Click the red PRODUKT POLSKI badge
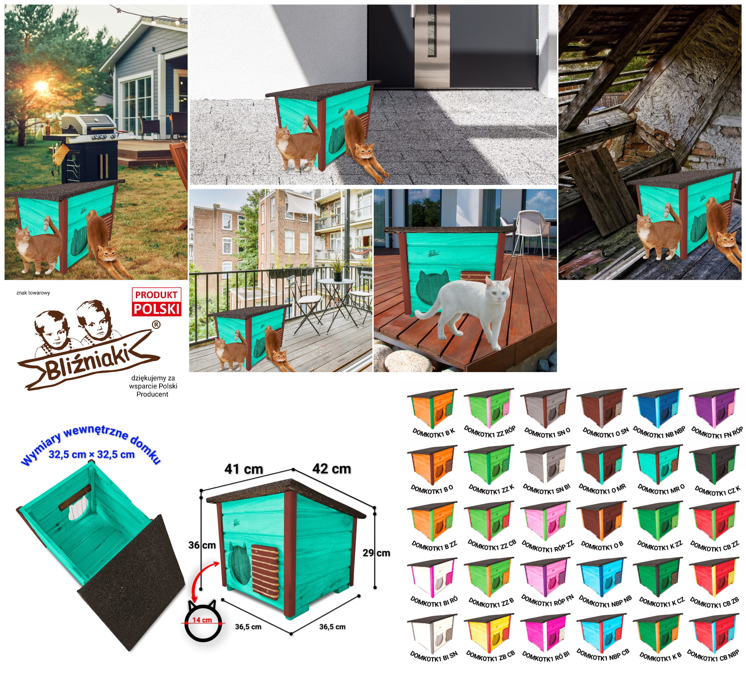point(157,302)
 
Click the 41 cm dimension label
point(244,469)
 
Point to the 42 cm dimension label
point(331,469)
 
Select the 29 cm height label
point(376,553)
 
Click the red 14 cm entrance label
point(202,620)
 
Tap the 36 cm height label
point(202,545)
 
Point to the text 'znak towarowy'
point(33,293)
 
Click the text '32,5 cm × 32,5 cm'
point(91,454)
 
